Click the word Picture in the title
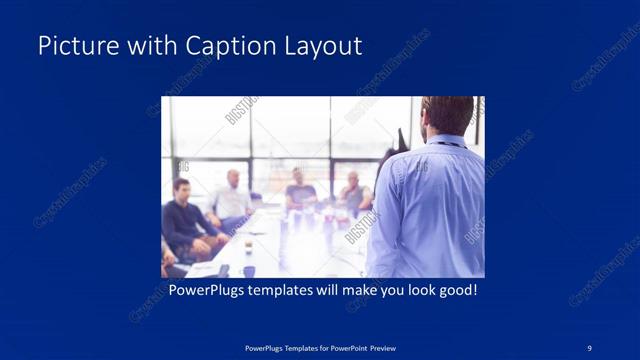click(72, 46)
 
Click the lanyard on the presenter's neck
click(452, 142)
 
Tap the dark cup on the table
click(248, 270)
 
